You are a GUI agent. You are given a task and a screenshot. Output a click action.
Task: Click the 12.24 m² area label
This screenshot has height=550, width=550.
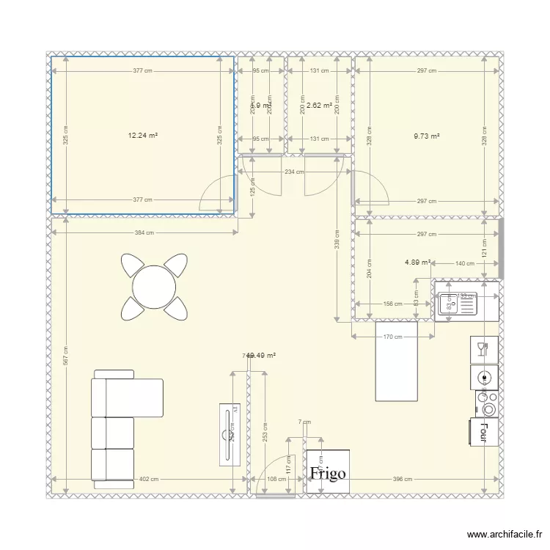click(143, 135)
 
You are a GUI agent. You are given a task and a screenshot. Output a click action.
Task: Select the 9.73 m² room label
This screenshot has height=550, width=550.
click(426, 136)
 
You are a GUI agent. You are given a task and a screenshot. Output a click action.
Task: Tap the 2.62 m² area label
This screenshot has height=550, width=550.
click(319, 106)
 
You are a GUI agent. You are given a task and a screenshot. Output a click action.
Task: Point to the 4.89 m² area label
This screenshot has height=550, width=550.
click(417, 261)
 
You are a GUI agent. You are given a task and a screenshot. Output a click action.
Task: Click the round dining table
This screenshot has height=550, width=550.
click(154, 285)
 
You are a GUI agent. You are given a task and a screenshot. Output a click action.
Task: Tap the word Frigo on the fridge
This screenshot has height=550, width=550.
click(327, 474)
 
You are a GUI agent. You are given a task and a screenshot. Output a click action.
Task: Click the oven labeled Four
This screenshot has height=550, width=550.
click(484, 430)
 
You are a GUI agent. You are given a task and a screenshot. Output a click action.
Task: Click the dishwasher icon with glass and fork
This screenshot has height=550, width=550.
click(484, 349)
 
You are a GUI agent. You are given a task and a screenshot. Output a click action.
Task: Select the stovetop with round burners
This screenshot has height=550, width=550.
click(485, 403)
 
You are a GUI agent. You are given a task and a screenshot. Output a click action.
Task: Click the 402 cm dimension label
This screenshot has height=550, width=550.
click(148, 480)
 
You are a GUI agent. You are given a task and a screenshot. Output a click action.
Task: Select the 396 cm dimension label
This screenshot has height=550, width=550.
click(403, 480)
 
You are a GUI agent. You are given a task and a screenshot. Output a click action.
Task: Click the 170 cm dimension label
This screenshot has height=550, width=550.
click(393, 337)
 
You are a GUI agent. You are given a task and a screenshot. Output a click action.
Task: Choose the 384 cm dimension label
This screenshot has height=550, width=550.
click(144, 233)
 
